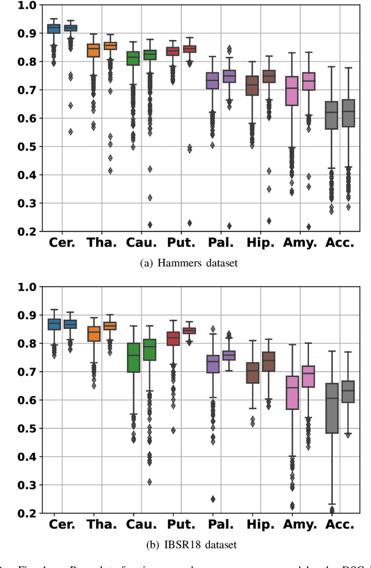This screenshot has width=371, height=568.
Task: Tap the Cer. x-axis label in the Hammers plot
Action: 62,243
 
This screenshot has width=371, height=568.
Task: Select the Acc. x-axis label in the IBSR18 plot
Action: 339,525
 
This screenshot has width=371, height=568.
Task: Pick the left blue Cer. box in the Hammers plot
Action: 53,28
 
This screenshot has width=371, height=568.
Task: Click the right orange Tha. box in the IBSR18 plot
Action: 110,326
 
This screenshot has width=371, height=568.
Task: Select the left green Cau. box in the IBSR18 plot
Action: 133,357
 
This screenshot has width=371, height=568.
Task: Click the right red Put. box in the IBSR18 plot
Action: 189,331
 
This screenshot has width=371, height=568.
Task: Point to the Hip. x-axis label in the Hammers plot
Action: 260,243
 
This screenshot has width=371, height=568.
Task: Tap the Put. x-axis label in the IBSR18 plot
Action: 181,525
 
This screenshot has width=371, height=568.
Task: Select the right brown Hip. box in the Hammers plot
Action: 268,76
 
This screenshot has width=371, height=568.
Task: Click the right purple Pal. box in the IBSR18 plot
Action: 229,356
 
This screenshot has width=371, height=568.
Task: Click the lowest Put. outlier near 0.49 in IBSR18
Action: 173,430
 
